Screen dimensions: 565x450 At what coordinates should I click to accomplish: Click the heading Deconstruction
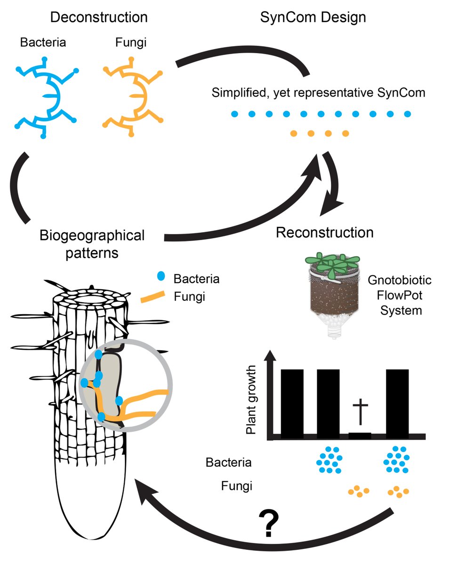[99, 17]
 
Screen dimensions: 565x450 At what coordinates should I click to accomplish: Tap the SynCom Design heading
[313, 17]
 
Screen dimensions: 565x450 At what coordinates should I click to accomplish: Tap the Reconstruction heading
[325, 232]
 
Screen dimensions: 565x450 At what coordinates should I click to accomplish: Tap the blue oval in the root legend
[161, 278]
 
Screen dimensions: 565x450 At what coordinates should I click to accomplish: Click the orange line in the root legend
[153, 297]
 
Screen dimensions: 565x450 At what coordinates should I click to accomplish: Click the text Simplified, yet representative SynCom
[319, 93]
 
